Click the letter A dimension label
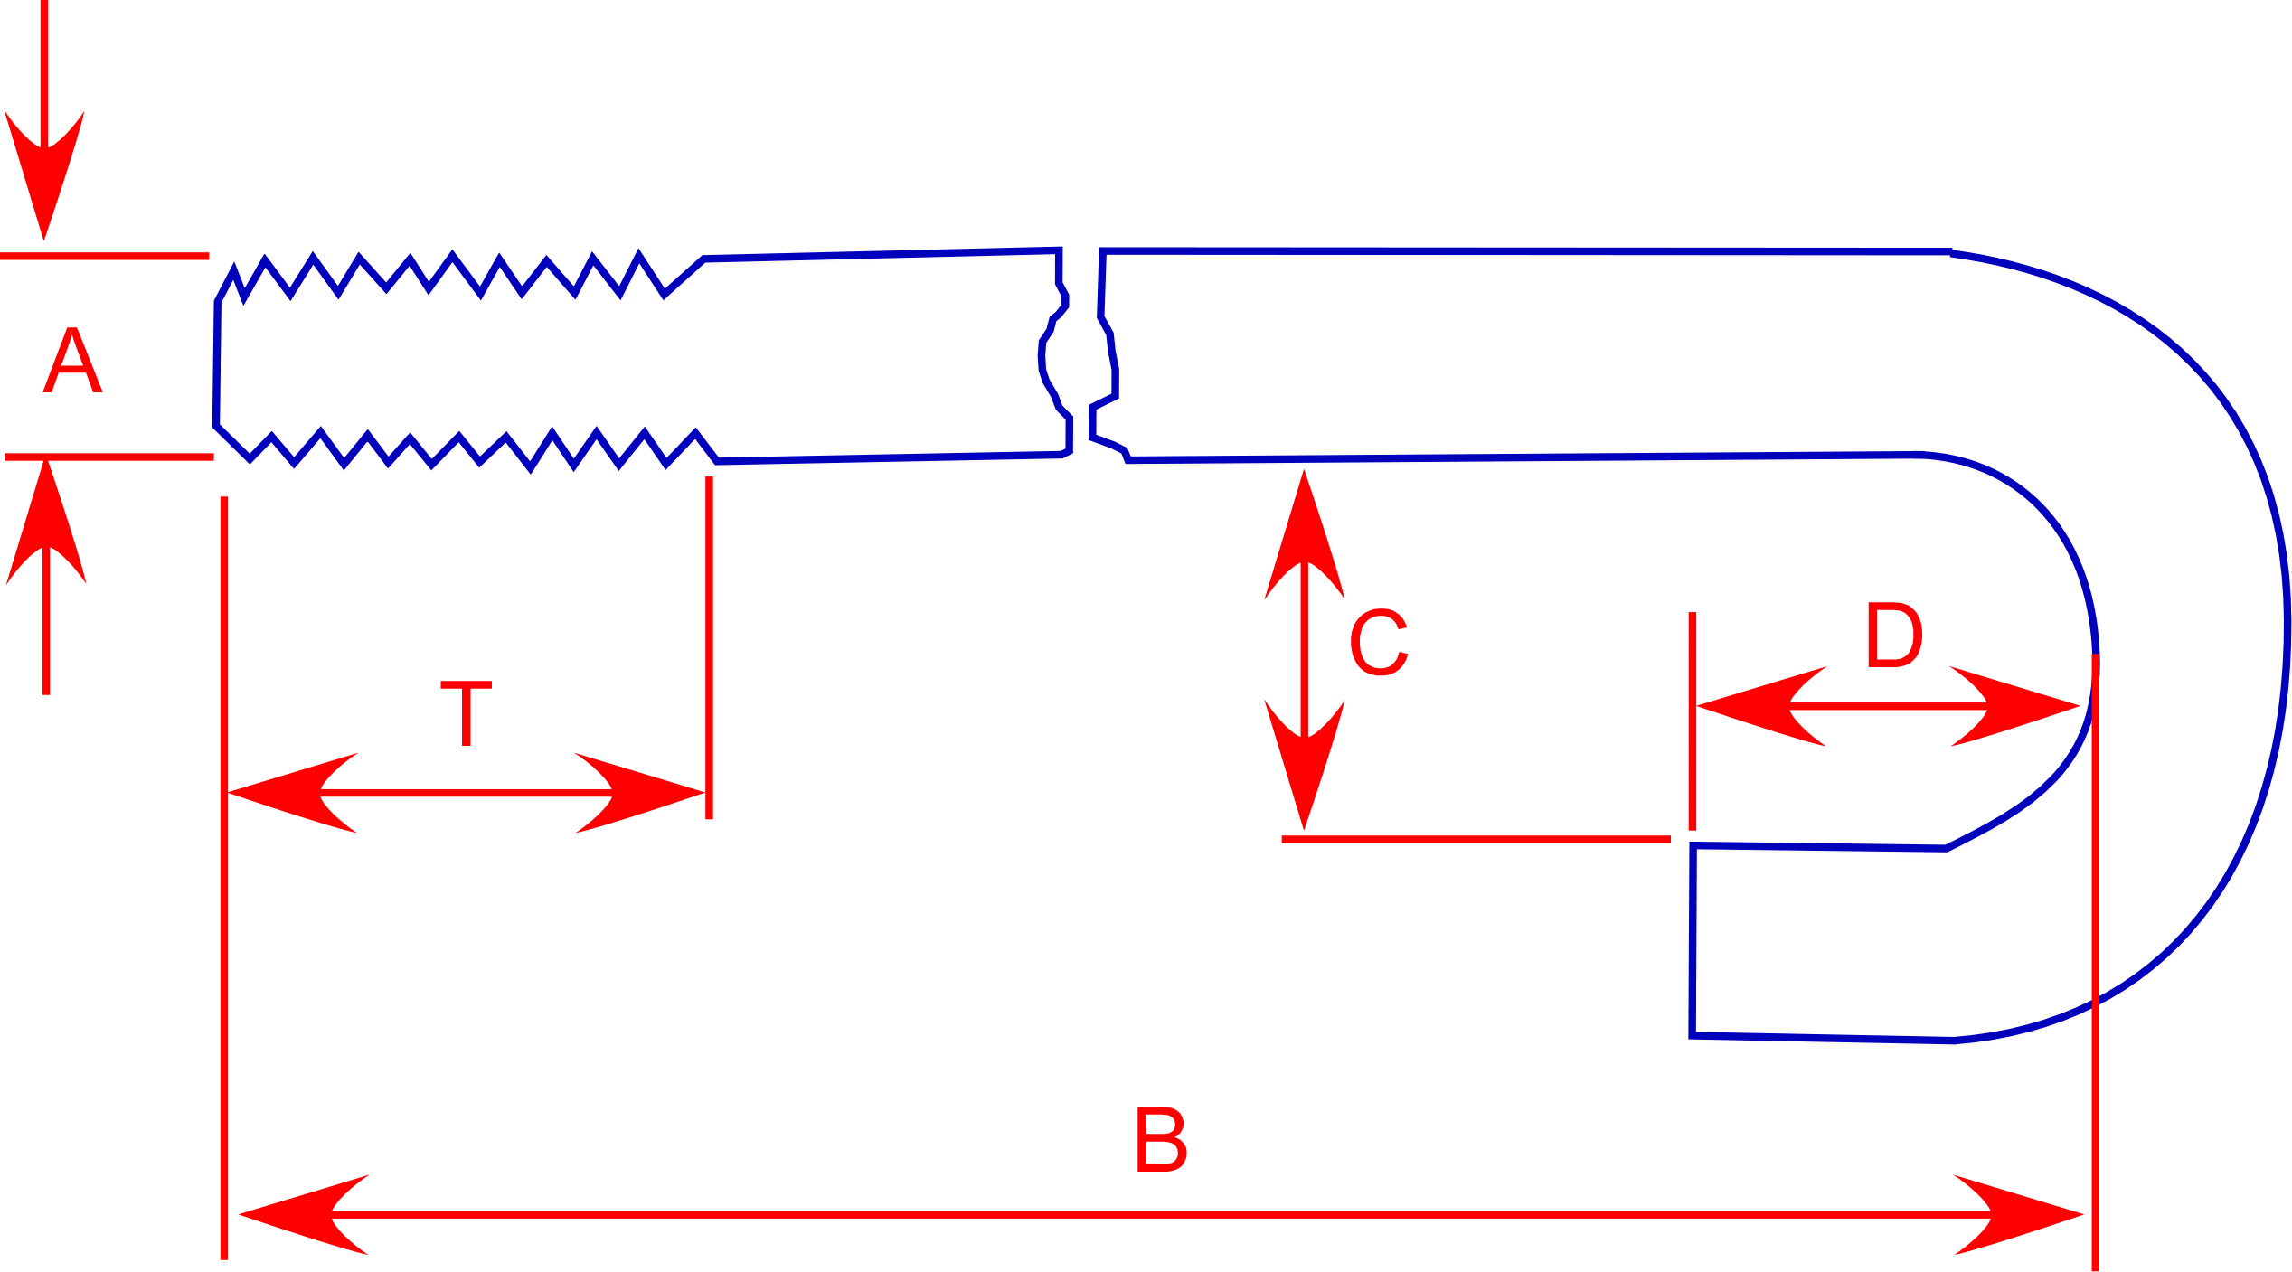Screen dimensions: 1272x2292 tap(72, 361)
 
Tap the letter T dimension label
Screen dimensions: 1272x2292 tap(466, 713)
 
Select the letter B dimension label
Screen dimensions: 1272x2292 tap(1161, 1139)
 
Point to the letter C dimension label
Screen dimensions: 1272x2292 tap(1379, 642)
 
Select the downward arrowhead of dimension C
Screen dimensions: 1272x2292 tap(1304, 768)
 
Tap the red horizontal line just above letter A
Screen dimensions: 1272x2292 tap(104, 257)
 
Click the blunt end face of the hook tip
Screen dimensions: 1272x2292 tap(1693, 940)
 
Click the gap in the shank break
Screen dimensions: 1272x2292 tap(1080, 362)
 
